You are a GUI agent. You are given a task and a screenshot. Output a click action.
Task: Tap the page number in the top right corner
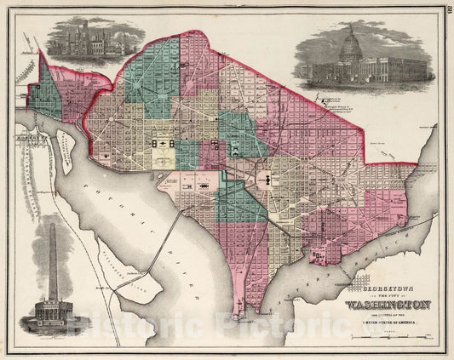coord(447,10)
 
